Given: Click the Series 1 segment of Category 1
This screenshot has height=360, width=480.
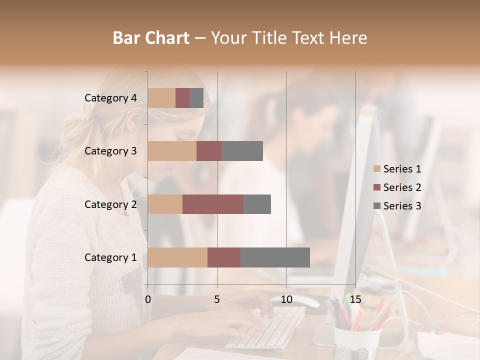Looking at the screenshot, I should [x=177, y=257].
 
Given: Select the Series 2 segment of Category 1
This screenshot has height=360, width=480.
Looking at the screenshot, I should [x=224, y=257].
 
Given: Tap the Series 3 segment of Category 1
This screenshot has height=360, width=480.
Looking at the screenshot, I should [x=275, y=257].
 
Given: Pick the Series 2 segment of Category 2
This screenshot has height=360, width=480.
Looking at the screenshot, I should [x=213, y=204].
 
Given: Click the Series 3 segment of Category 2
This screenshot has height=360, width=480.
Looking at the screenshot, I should [x=257, y=204].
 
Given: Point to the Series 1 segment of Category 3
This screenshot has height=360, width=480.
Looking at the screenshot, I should [x=172, y=151].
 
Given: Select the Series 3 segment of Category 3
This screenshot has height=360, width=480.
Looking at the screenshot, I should [x=242, y=151].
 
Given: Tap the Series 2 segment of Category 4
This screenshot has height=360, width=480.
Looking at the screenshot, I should [x=182, y=98].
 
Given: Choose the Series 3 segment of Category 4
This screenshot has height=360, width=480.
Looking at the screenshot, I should [x=196, y=98].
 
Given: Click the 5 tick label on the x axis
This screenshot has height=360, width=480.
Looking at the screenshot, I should [x=217, y=299].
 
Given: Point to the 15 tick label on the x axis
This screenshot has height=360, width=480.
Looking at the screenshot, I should [x=355, y=299].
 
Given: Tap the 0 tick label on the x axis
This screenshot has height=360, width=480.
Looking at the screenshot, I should [x=148, y=299].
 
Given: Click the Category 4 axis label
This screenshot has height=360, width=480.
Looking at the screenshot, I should [x=110, y=98].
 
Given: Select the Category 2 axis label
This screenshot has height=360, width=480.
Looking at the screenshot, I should [x=110, y=204].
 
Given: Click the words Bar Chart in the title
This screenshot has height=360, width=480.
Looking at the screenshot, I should [x=151, y=37].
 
